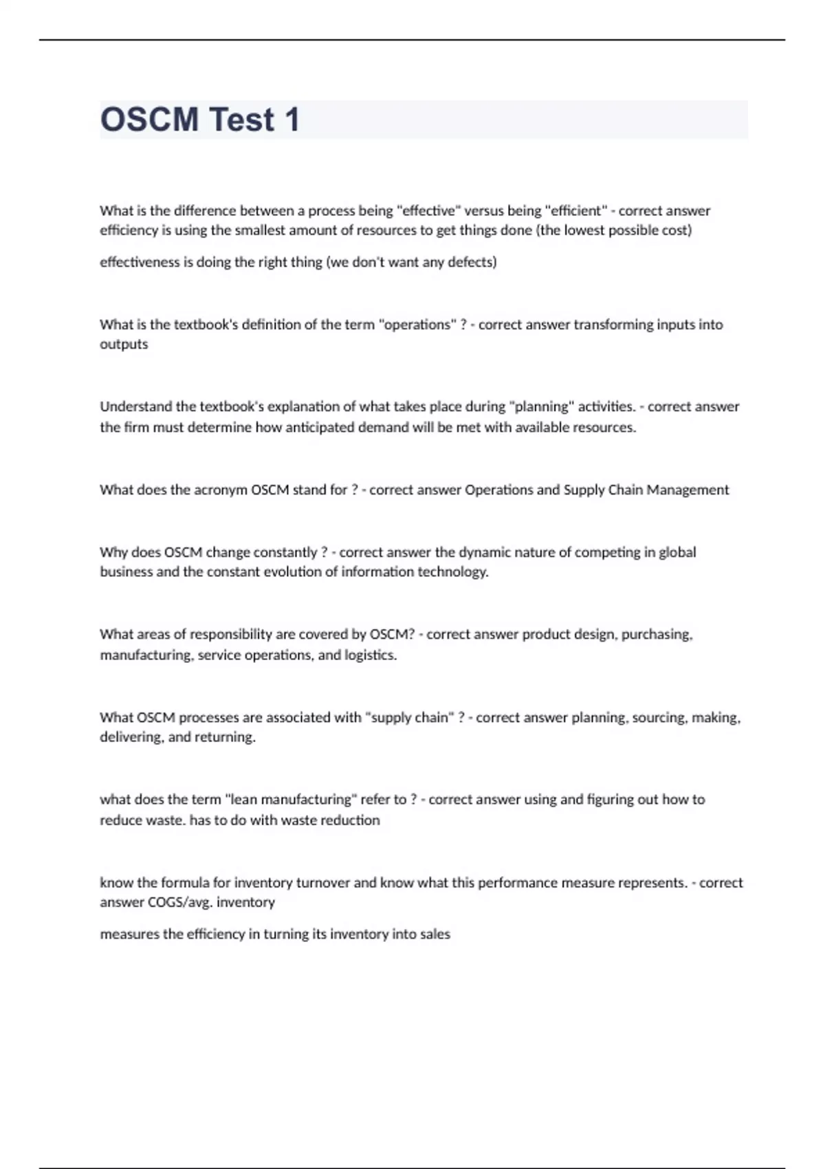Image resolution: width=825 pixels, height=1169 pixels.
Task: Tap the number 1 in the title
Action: click(x=292, y=120)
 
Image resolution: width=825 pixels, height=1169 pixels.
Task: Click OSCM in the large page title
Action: click(x=149, y=120)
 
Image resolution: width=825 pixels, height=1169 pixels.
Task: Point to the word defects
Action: click(x=471, y=262)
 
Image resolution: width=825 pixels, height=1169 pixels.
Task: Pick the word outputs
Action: click(x=124, y=345)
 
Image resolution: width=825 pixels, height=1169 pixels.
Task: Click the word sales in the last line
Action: click(x=435, y=935)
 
